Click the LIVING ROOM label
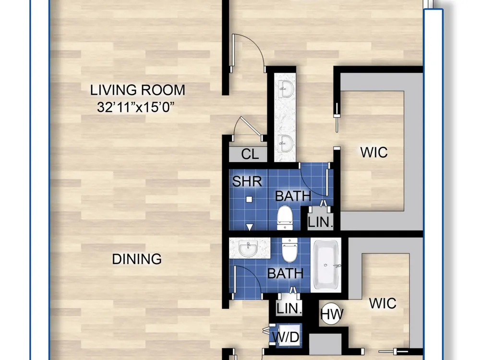(x=137, y=90)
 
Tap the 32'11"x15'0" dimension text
(x=136, y=107)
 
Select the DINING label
(x=137, y=259)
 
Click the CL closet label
(x=250, y=154)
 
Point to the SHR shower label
(x=247, y=181)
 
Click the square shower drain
(x=249, y=199)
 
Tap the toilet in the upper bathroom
(x=285, y=217)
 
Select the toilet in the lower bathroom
(x=289, y=250)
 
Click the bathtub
(x=326, y=265)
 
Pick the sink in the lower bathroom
(x=248, y=248)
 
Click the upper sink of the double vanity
(x=286, y=89)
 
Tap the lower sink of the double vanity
(x=286, y=143)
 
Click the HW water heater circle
(x=332, y=314)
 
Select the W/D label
(x=286, y=337)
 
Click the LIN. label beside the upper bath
(x=320, y=222)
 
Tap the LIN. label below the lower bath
(x=289, y=309)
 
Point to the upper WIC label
(x=374, y=152)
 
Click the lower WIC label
(x=383, y=303)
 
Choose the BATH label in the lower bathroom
(x=285, y=274)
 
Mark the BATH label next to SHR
(x=293, y=196)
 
